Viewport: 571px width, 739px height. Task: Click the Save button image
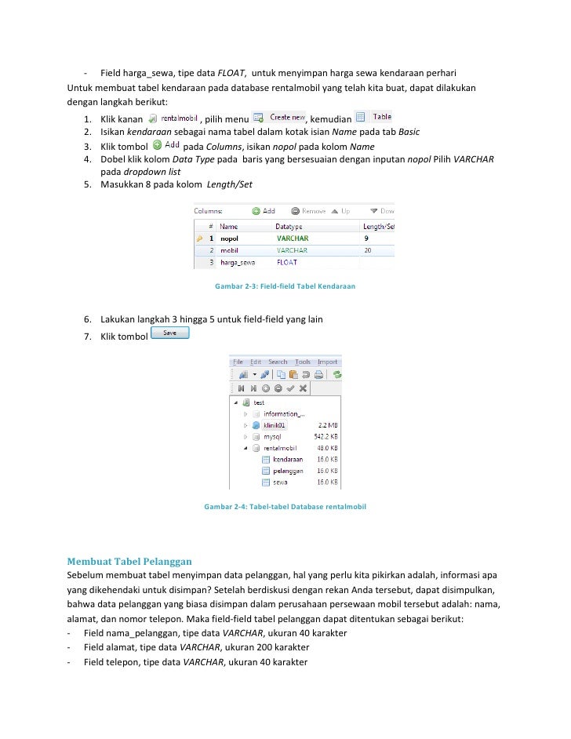[169, 333]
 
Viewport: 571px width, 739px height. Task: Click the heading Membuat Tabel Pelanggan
[129, 562]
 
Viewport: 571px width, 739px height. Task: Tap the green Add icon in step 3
[158, 145]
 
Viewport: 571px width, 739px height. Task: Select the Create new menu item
[285, 117]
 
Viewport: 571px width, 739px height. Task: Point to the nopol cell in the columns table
[229, 238]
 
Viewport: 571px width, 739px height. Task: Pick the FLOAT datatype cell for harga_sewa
[287, 263]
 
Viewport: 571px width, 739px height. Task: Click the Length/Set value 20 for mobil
[368, 250]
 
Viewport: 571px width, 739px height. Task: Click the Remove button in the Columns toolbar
[308, 210]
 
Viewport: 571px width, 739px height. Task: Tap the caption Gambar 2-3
[285, 286]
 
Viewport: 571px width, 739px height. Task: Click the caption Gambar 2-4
[285, 507]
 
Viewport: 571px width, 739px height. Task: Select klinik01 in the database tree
[275, 424]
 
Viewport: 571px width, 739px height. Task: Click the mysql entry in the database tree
[272, 436]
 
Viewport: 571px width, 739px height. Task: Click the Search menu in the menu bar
[278, 362]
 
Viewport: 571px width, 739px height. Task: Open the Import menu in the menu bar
[327, 362]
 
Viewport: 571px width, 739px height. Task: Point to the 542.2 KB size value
[326, 436]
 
